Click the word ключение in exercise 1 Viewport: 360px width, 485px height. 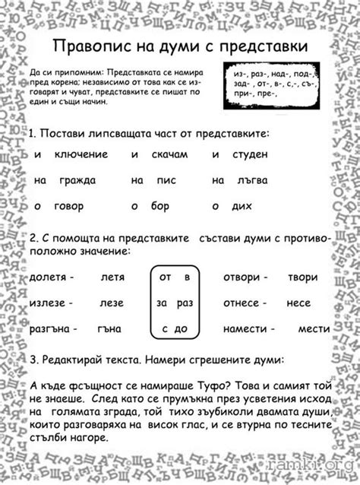point(81,155)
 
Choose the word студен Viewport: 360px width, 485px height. point(250,155)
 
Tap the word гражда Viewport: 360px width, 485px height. point(76,180)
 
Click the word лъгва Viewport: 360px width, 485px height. point(250,180)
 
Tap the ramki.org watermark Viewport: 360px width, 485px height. point(315,473)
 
